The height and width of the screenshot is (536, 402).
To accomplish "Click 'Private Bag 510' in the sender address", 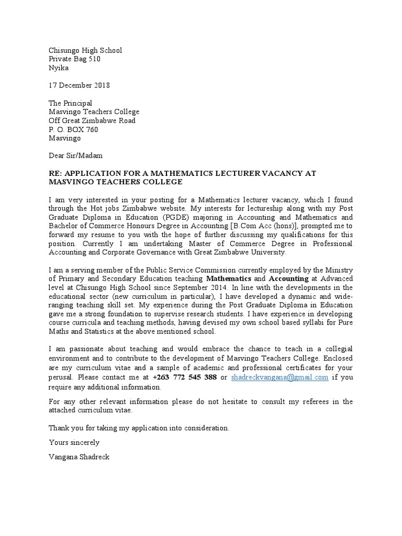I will (x=74, y=59).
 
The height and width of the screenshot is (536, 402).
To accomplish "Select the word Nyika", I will (x=59, y=68).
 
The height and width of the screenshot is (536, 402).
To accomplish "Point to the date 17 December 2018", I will (x=79, y=85).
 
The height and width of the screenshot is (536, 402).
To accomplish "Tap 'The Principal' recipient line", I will (x=70, y=103).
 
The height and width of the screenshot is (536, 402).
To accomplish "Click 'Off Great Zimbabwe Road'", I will (x=92, y=120).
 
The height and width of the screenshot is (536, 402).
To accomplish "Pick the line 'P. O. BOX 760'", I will (x=73, y=129).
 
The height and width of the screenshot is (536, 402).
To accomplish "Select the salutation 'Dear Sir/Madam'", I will (x=76, y=155).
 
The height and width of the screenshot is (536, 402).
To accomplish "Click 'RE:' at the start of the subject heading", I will (x=55, y=173).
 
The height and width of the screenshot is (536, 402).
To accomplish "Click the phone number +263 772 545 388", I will (x=185, y=377).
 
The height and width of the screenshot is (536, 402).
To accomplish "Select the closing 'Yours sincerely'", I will (x=74, y=442).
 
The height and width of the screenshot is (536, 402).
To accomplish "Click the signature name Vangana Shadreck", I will (x=79, y=456).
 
